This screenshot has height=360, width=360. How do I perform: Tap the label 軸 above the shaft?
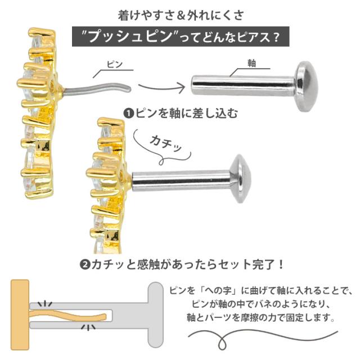[x=251, y=64]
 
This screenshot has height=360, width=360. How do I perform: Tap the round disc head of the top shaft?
[x=308, y=86]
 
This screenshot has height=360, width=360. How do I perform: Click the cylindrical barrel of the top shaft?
[x=242, y=86]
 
